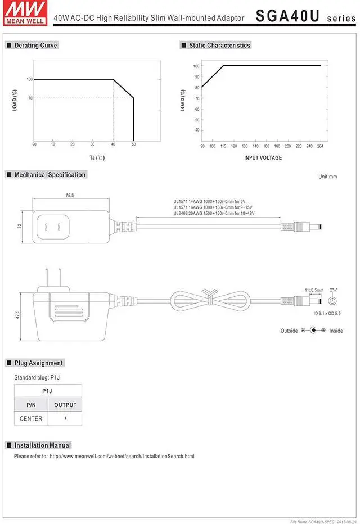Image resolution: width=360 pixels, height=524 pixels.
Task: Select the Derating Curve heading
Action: pyautogui.click(x=35, y=45)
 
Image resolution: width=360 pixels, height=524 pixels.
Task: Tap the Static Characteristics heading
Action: pyautogui.click(x=219, y=45)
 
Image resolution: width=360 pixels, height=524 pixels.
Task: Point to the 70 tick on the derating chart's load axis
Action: pyautogui.click(x=29, y=98)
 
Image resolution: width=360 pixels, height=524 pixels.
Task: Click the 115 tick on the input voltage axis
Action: pyautogui.click(x=223, y=147)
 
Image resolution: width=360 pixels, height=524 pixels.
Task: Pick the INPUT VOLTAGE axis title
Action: pyautogui.click(x=263, y=158)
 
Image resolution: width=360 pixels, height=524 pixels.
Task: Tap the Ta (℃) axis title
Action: pyautogui.click(x=97, y=158)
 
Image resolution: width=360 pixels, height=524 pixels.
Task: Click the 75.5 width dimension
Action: pyautogui.click(x=70, y=196)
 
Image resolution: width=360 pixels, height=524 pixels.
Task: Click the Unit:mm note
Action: pyautogui.click(x=327, y=177)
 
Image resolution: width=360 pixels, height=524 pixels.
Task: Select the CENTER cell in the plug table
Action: pyautogui.click(x=31, y=418)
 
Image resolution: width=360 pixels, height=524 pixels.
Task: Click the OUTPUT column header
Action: pyautogui.click(x=65, y=405)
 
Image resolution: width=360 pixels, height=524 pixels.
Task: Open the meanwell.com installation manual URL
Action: pyautogui.click(x=122, y=456)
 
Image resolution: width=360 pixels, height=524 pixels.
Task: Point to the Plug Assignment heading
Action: pyautogui.click(x=38, y=363)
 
